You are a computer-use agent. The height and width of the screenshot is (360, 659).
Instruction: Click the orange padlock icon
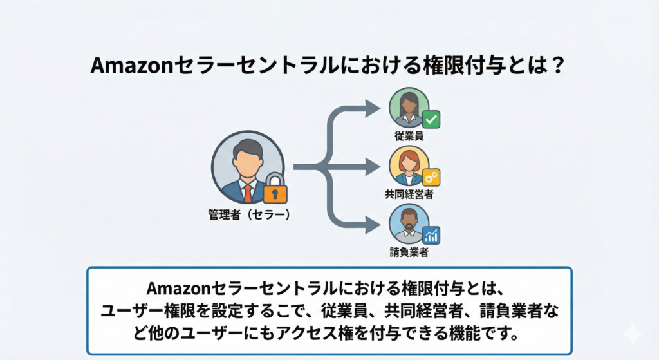[x=275, y=190]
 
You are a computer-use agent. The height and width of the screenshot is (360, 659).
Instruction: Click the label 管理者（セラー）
[x=249, y=215]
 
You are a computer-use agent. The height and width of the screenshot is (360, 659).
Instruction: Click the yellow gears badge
[x=431, y=177]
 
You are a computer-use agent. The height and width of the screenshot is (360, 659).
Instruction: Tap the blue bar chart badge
[x=431, y=236]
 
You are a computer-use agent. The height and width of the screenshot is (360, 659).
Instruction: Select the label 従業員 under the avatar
[x=409, y=136]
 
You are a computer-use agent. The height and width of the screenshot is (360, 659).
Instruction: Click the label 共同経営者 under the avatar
[x=409, y=194]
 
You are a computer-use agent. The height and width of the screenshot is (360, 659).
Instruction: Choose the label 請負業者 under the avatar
[x=409, y=252]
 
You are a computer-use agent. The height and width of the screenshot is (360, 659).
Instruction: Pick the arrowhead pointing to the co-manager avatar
[x=373, y=167]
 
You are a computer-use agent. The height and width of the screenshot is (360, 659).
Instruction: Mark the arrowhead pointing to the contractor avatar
[x=373, y=225]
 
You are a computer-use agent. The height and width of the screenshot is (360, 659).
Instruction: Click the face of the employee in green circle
[x=409, y=104]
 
